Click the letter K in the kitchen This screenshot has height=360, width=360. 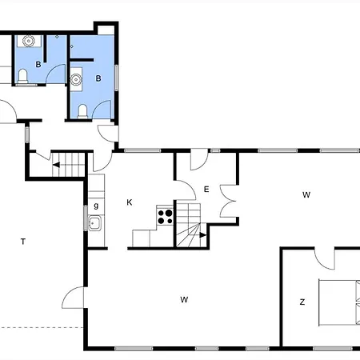click(x=130, y=202)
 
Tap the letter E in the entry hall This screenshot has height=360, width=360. click(x=206, y=190)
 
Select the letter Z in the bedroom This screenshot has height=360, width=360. click(x=302, y=302)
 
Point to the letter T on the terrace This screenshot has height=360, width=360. click(x=23, y=242)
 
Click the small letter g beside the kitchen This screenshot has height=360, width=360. click(x=96, y=206)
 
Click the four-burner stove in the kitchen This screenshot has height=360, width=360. click(x=165, y=216)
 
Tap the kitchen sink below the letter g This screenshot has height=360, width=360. click(x=94, y=223)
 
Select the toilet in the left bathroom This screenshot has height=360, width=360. click(x=23, y=76)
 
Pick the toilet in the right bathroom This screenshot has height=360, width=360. click(x=82, y=111)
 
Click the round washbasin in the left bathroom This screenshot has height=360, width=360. click(x=28, y=41)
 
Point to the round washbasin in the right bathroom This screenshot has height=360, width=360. click(x=76, y=79)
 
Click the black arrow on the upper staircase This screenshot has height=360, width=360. click(x=56, y=165)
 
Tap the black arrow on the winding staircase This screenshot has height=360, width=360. click(x=203, y=235)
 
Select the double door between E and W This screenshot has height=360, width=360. click(x=227, y=201)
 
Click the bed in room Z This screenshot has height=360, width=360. click(x=339, y=302)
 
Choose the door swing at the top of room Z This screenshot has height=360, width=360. click(x=324, y=258)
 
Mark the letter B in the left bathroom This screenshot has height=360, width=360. click(x=38, y=65)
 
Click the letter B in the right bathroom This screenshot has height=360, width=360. click(x=98, y=78)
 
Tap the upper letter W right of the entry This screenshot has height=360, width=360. click(x=306, y=194)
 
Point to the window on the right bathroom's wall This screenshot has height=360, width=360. click(x=116, y=78)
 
